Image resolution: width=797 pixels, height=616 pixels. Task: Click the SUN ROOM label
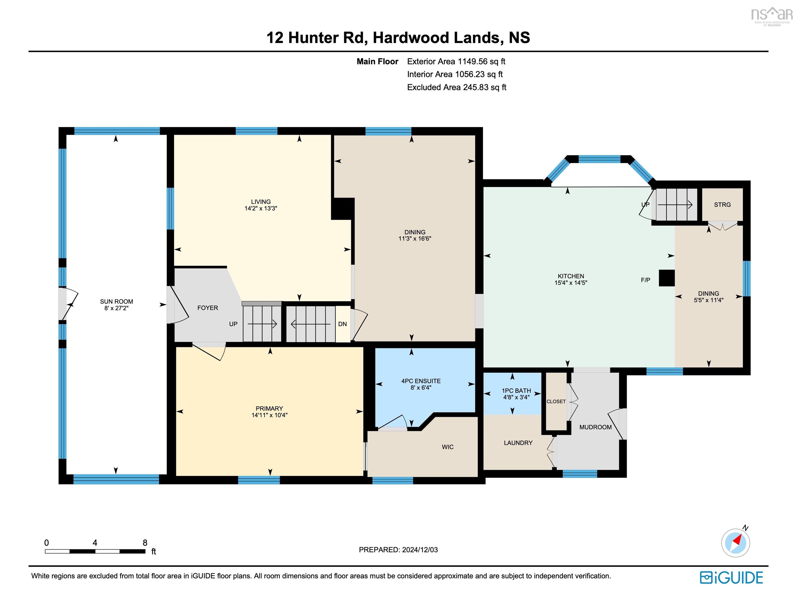click(x=116, y=301)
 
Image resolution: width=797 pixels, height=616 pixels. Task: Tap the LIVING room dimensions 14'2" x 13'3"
click(x=261, y=208)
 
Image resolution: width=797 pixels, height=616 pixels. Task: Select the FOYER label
click(x=208, y=308)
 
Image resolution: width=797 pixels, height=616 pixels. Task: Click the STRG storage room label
click(x=722, y=205)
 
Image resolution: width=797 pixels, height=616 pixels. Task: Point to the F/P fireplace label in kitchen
click(x=645, y=280)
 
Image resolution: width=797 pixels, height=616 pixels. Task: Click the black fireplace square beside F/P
click(x=666, y=278)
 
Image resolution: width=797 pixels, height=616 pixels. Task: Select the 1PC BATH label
click(x=516, y=390)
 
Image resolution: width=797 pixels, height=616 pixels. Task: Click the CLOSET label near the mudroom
click(x=556, y=401)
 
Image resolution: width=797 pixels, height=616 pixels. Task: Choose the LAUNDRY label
click(x=518, y=443)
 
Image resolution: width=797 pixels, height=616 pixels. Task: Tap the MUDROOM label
click(x=595, y=427)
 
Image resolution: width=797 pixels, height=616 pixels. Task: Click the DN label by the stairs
click(x=342, y=324)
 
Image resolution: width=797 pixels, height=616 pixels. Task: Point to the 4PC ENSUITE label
click(x=421, y=381)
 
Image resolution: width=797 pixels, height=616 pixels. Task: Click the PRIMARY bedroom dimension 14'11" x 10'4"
click(x=269, y=415)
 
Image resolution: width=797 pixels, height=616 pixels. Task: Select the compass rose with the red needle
click(x=735, y=543)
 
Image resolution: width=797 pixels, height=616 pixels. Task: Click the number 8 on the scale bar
click(x=145, y=543)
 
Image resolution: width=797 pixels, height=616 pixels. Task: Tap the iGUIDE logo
click(x=731, y=578)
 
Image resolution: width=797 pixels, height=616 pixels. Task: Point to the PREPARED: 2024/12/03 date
click(x=398, y=550)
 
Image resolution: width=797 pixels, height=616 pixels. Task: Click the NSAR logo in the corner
click(x=771, y=15)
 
